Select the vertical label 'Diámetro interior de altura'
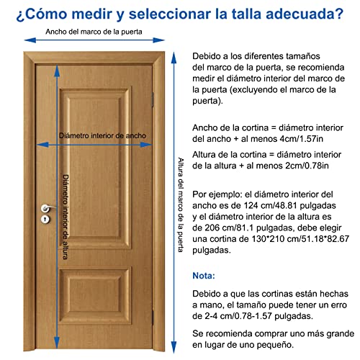point(66,205)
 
